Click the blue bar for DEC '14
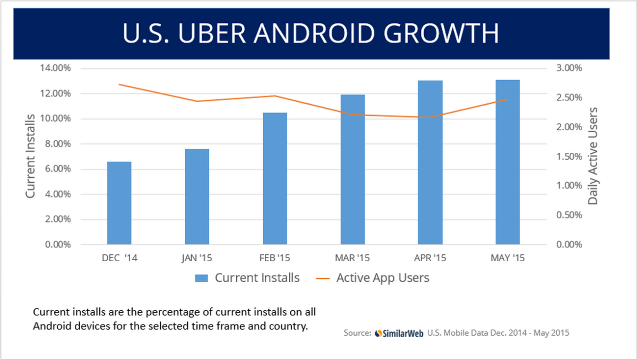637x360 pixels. (x=119, y=203)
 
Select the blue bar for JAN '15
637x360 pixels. (x=197, y=196)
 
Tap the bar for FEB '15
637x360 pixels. (x=274, y=178)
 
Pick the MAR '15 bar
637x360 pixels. (x=352, y=169)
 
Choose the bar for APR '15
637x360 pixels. (x=430, y=162)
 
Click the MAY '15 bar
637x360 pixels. (x=507, y=162)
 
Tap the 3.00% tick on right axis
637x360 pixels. (x=569, y=68)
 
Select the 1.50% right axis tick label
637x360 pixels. (x=569, y=157)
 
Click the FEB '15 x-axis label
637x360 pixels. (x=274, y=258)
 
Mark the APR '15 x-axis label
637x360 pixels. (x=430, y=258)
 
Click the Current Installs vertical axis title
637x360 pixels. (x=31, y=156)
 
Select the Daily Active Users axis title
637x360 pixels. (x=593, y=156)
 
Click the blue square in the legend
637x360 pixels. (x=202, y=278)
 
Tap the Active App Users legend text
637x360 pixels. (x=382, y=278)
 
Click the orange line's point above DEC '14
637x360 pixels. (x=119, y=84)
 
